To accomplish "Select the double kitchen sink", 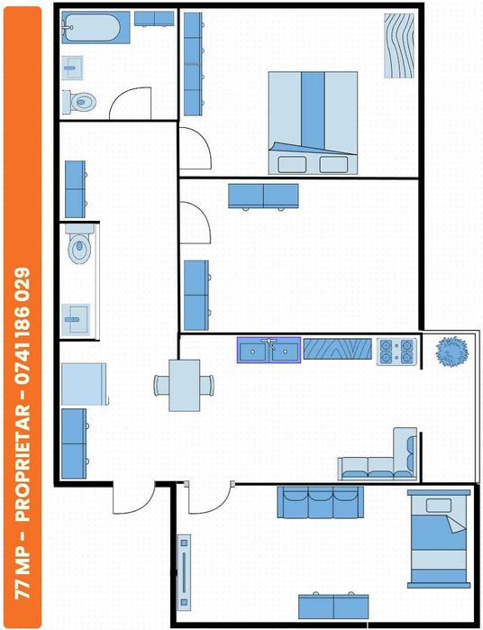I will (269, 350).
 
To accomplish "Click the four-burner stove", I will (396, 350).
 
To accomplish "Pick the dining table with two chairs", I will (185, 385).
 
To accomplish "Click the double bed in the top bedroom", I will (313, 122).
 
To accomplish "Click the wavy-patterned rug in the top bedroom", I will (398, 45).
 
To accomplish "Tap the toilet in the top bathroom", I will (79, 101).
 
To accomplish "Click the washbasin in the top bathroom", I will (73, 67).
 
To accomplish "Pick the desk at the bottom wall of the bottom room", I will (334, 605).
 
